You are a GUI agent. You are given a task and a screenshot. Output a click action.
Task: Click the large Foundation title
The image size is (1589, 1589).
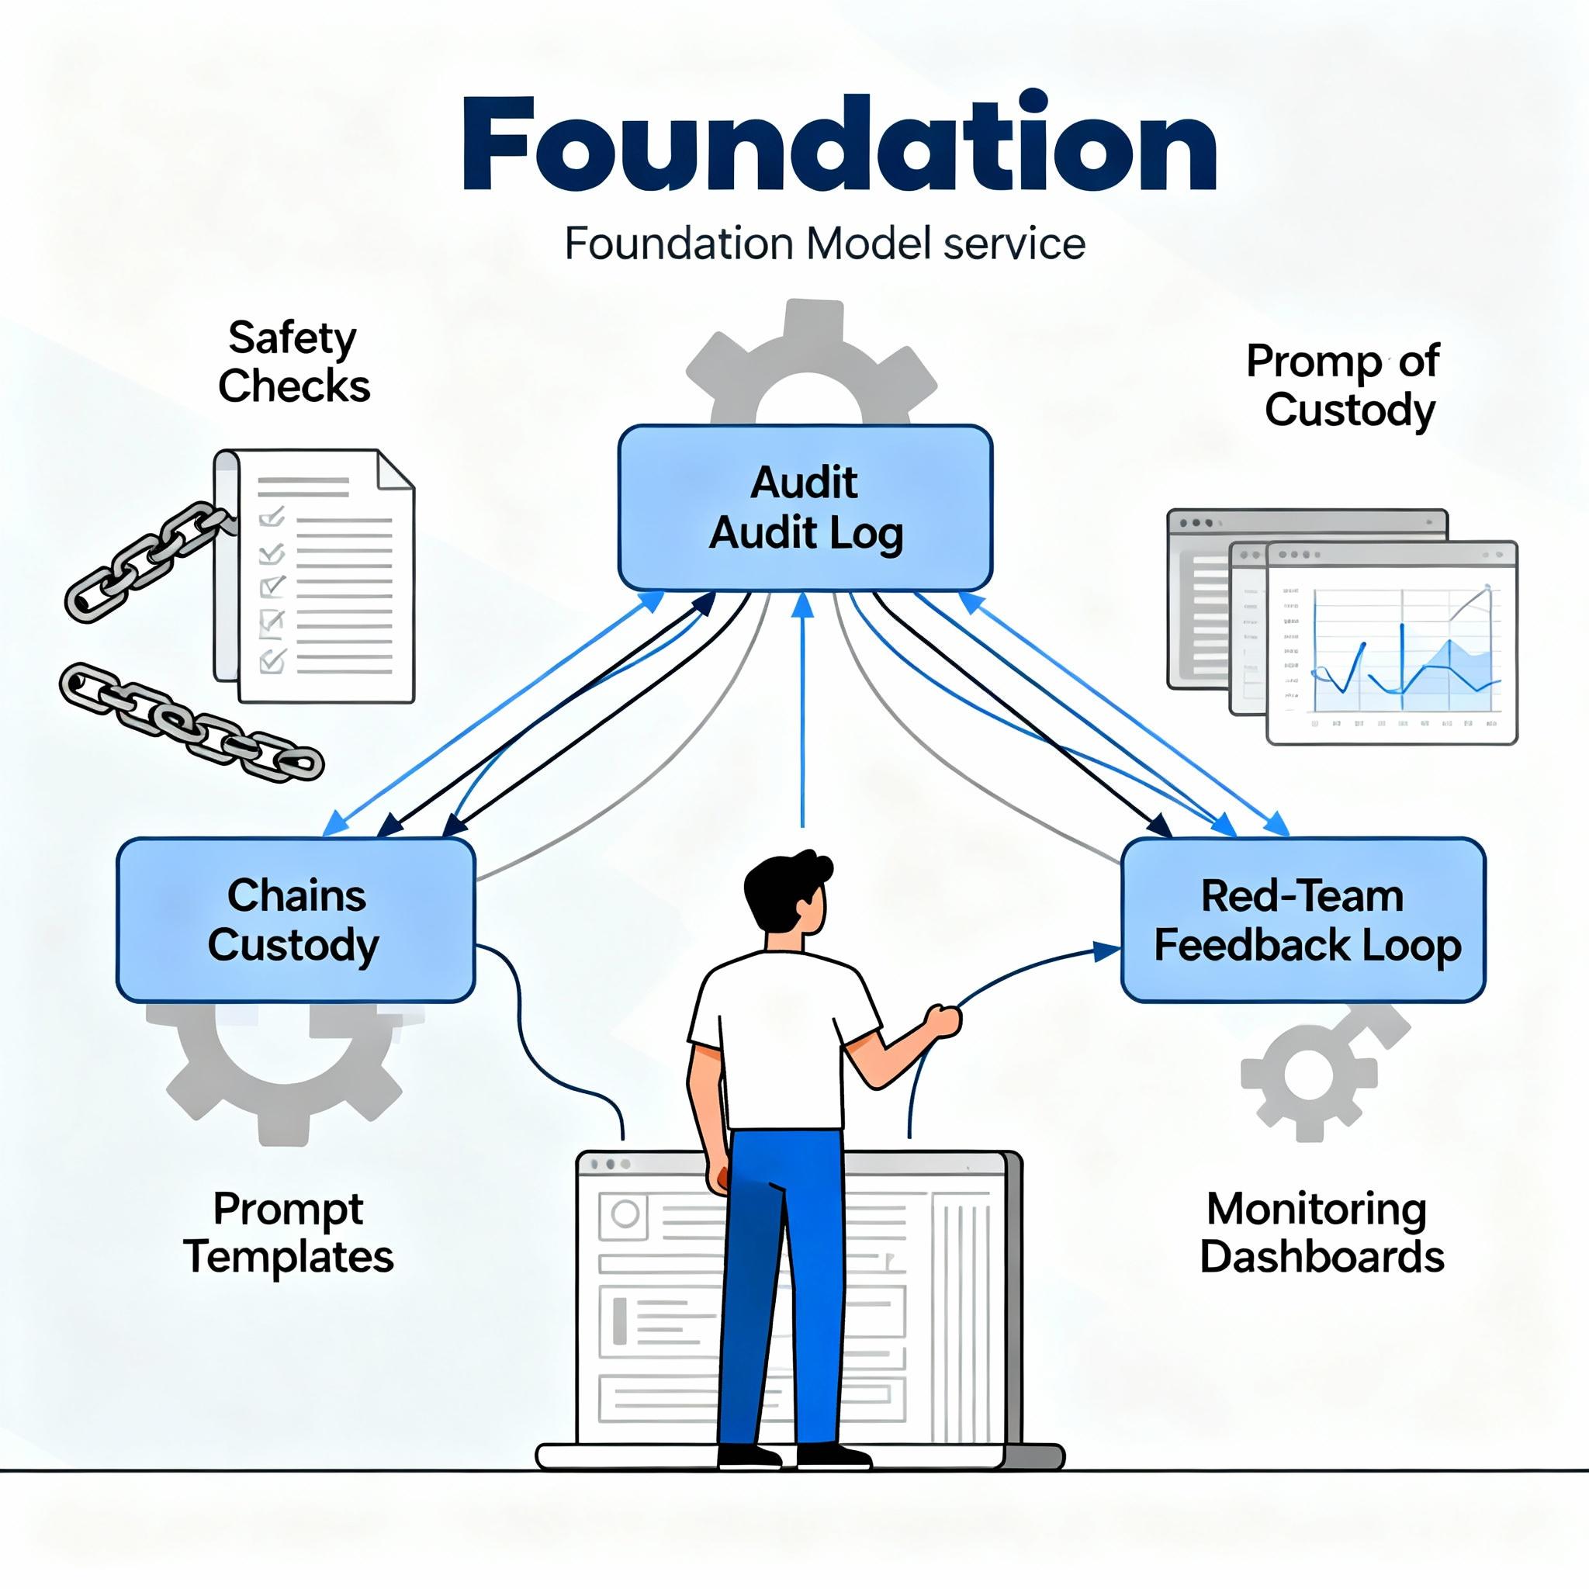pyautogui.click(x=839, y=147)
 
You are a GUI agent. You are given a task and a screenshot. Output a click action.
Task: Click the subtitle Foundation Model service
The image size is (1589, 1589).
pyautogui.click(x=824, y=244)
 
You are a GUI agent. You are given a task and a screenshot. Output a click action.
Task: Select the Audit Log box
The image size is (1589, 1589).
pyautogui.click(x=805, y=507)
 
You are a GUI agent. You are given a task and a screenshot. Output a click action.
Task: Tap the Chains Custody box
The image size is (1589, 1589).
pyautogui.click(x=296, y=920)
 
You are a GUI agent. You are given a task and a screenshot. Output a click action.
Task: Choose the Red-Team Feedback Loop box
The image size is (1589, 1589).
pyautogui.click(x=1303, y=920)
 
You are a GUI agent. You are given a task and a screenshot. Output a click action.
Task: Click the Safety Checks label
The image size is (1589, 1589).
pyautogui.click(x=293, y=362)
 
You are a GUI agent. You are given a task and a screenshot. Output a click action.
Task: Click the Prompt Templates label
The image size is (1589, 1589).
pyautogui.click(x=289, y=1232)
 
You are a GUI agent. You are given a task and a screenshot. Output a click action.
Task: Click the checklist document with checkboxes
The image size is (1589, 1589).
pyautogui.click(x=325, y=576)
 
